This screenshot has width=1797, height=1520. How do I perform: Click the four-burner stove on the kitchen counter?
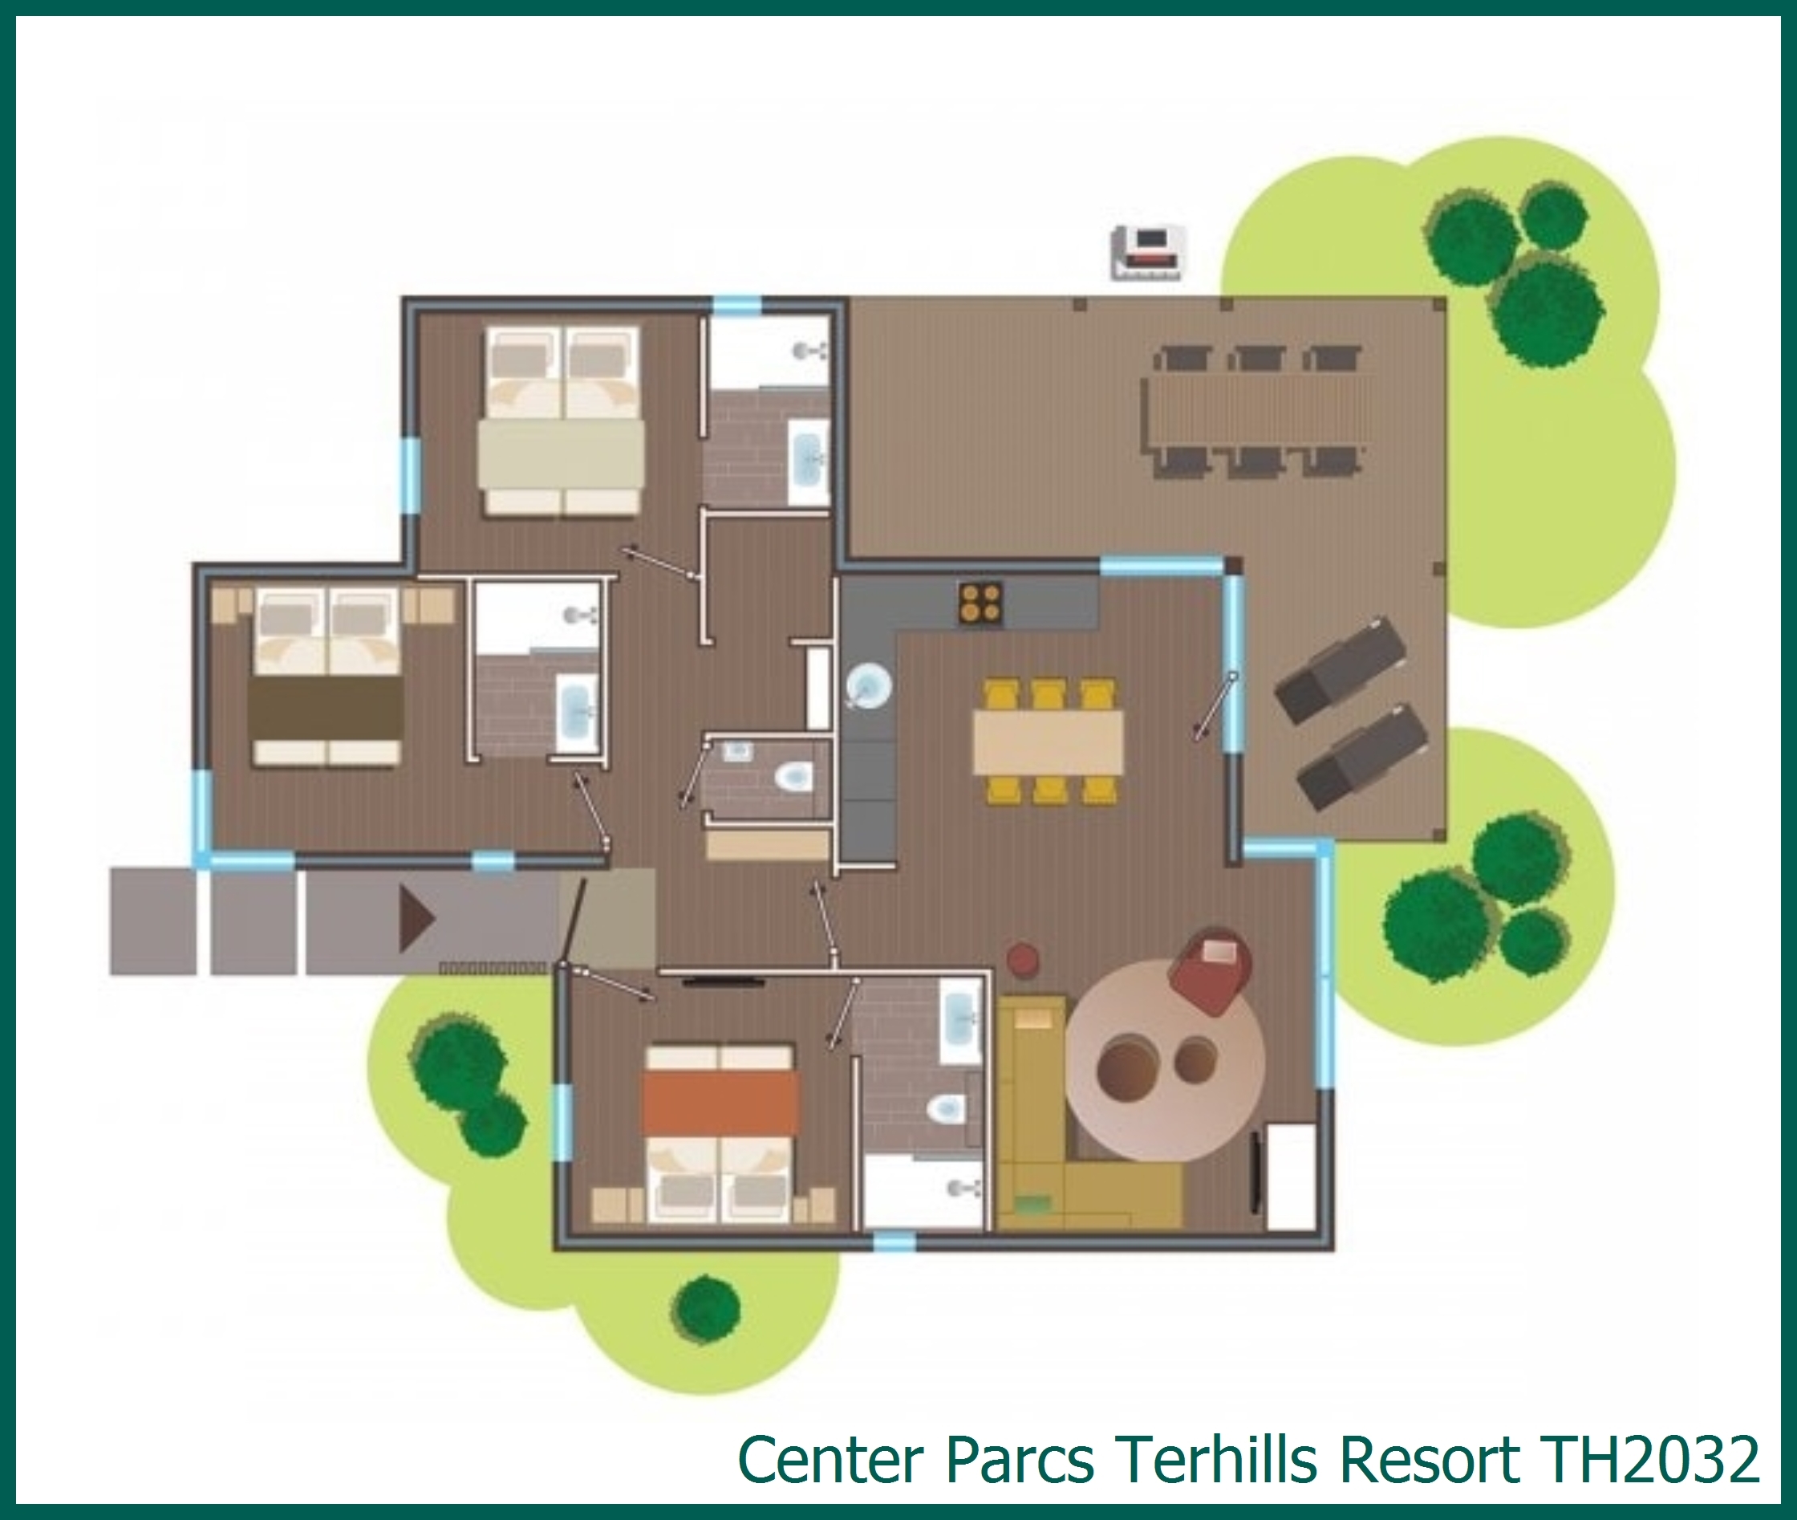click(x=980, y=603)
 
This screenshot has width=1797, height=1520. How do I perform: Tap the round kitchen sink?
click(x=868, y=687)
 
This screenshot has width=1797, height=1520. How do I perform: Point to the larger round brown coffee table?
click(x=1127, y=1068)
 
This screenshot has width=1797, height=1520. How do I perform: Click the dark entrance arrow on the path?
click(x=416, y=920)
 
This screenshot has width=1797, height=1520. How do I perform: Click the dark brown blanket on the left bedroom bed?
click(x=326, y=708)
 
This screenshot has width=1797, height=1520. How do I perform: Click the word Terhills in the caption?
click(x=1214, y=1460)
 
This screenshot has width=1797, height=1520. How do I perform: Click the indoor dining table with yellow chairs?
click(x=1048, y=742)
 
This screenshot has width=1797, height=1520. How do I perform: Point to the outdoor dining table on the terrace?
click(x=1257, y=408)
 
